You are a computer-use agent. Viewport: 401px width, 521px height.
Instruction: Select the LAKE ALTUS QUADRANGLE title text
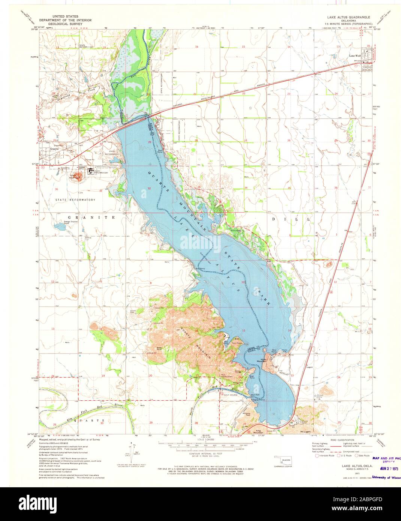click(348, 18)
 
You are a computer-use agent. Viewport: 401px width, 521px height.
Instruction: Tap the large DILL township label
click(291, 219)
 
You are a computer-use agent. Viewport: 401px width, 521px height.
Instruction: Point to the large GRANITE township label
click(91, 217)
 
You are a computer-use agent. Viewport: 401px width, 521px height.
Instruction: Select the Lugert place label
click(309, 367)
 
